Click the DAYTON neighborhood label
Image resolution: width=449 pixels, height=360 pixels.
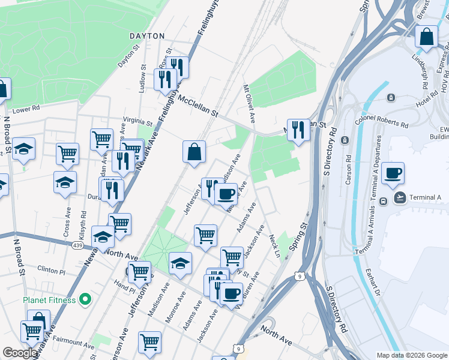pyautogui.click(x=147, y=36)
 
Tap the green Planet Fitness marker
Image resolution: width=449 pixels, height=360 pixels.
pyautogui.click(x=85, y=299)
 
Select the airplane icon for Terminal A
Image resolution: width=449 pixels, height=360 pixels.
pyautogui.click(x=400, y=197)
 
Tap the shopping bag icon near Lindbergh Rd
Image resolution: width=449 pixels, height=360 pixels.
pyautogui.click(x=426, y=37)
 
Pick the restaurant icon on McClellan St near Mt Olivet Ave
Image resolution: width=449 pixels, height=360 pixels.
pyautogui.click(x=298, y=129)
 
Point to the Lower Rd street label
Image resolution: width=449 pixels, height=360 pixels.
pyautogui.click(x=26, y=110)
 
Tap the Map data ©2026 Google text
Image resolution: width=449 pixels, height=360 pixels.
pyautogui.click(x=412, y=355)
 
